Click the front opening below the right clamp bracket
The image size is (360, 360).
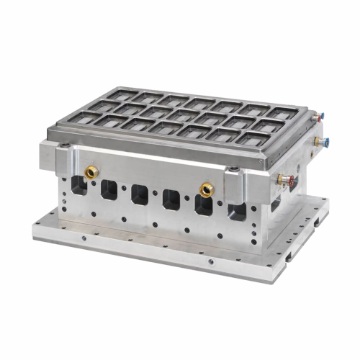(x=236, y=210)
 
